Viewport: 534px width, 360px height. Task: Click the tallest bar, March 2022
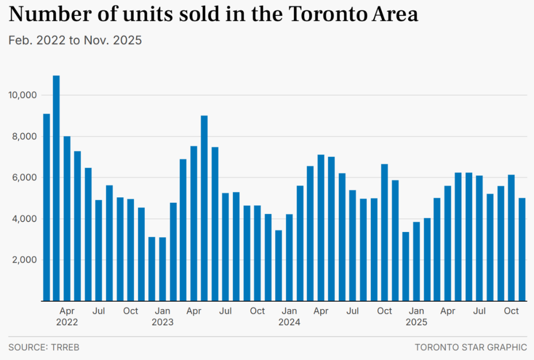(x=56, y=188)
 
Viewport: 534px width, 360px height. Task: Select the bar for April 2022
(x=67, y=218)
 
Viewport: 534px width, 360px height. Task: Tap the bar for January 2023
(x=162, y=269)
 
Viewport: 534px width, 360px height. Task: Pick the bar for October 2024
(x=384, y=232)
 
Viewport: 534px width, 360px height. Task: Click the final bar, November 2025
(x=522, y=249)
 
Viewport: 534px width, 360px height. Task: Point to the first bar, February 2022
(x=46, y=207)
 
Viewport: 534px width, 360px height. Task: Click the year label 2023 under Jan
(x=162, y=322)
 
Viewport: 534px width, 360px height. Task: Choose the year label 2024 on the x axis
(x=289, y=322)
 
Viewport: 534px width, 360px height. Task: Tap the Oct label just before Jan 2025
(x=384, y=311)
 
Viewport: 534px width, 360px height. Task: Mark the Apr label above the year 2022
(x=67, y=311)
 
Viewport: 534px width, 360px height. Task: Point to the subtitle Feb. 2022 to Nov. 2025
(x=75, y=40)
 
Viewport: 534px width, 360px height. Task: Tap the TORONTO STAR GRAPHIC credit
(x=471, y=347)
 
